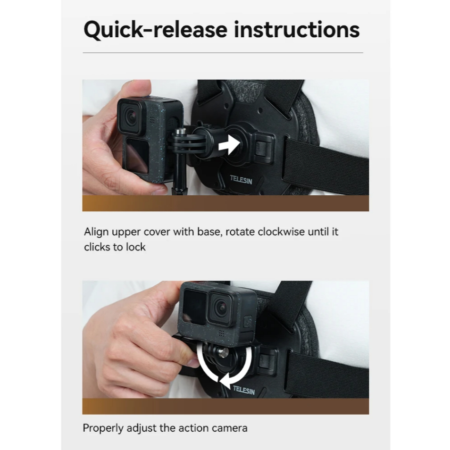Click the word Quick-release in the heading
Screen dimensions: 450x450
[156, 30]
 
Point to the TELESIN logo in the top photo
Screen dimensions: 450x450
[241, 180]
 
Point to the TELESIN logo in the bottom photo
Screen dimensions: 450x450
[244, 390]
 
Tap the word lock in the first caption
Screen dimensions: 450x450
[135, 247]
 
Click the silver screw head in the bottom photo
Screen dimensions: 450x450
[223, 351]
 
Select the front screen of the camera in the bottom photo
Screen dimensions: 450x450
[195, 306]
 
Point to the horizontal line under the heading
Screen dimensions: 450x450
[223, 53]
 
